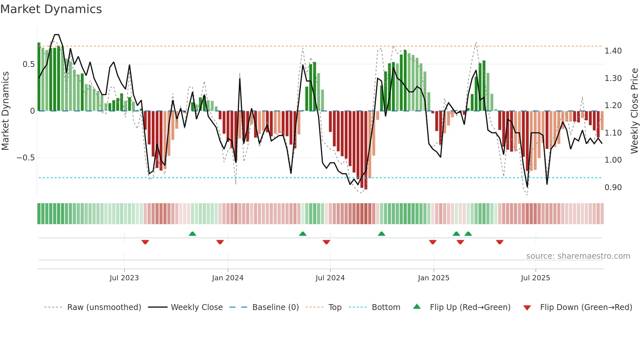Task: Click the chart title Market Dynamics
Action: pyautogui.click(x=51, y=9)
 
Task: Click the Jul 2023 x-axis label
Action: pyautogui.click(x=124, y=278)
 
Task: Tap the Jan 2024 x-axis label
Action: pyautogui.click(x=228, y=278)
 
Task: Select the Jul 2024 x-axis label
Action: pyautogui.click(x=330, y=278)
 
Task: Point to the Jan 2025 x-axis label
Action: pyautogui.click(x=434, y=278)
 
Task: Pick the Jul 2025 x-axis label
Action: pyautogui.click(x=536, y=278)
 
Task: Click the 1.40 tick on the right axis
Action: pyautogui.click(x=613, y=51)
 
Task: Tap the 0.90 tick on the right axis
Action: pyautogui.click(x=613, y=188)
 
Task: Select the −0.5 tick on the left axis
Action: pyautogui.click(x=25, y=158)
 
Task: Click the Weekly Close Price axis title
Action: pyautogui.click(x=634, y=111)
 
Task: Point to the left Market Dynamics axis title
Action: pyautogui.click(x=5, y=111)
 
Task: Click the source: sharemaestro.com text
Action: pyautogui.click(x=578, y=256)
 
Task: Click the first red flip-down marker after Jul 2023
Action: pyautogui.click(x=145, y=242)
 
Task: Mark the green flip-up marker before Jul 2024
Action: pyautogui.click(x=303, y=234)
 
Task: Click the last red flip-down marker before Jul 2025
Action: pyautogui.click(x=500, y=242)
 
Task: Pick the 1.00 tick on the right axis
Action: pyautogui.click(x=613, y=160)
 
